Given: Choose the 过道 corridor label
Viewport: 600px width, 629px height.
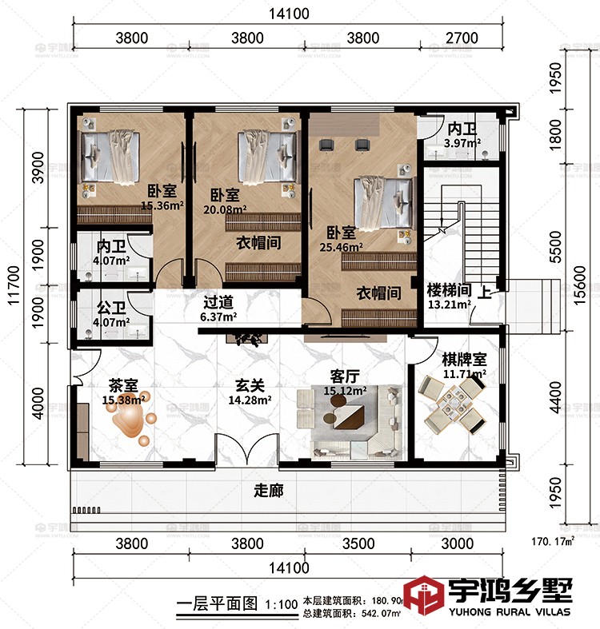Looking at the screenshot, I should coord(218,303).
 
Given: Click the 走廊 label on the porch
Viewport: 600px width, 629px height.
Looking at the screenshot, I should coord(268,489).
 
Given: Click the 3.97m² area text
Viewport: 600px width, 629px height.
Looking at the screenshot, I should coord(462,143).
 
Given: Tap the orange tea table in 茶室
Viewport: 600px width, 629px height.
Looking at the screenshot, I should coord(129,416).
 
